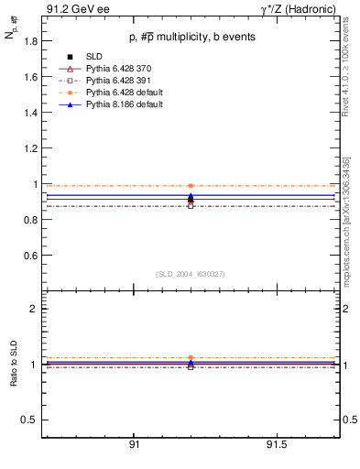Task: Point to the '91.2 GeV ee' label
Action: (x=72, y=9)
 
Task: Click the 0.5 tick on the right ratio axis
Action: (x=347, y=420)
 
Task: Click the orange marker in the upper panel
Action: (x=191, y=185)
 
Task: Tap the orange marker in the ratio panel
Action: (x=191, y=357)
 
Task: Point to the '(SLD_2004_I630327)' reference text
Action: (x=191, y=274)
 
